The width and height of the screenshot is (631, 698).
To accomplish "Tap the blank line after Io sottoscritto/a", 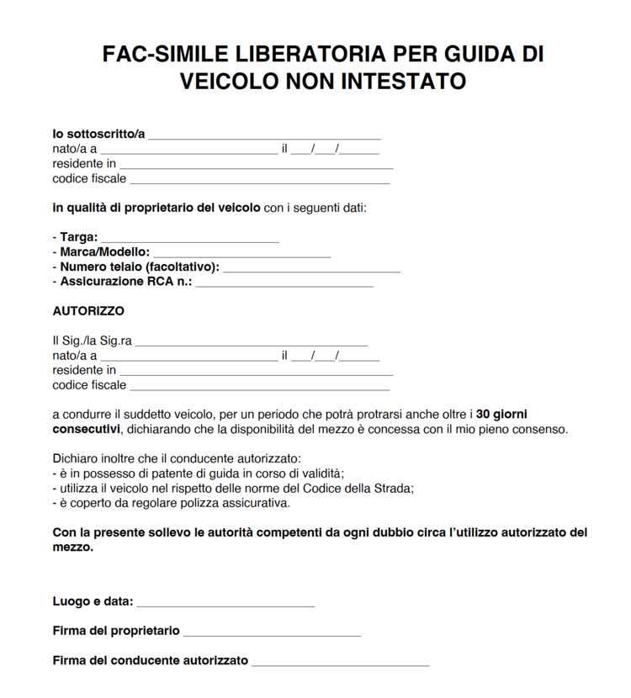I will point(264,135).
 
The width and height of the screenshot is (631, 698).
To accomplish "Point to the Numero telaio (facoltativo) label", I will point(140,267).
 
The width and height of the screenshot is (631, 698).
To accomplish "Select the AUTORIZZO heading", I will point(88,311).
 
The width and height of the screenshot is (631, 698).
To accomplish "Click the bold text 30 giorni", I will point(503,415).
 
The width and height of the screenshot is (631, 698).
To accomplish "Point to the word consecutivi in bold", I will point(86,429).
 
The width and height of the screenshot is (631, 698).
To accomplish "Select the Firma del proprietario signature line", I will point(272,632).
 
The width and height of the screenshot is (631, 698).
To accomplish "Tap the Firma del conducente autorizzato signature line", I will point(340,662).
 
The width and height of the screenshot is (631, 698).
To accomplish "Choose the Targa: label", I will point(78,238).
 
